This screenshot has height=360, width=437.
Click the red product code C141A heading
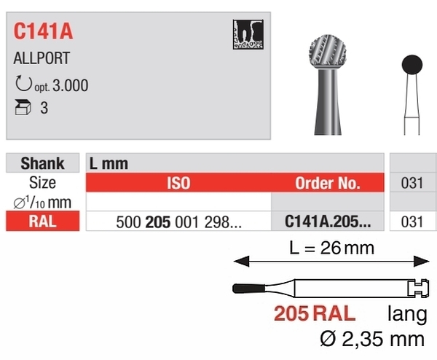coord(43,31)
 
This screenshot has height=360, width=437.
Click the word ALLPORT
coord(42,58)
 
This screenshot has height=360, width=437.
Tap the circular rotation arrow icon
coord(23,83)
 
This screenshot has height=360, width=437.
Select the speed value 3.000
coord(70,85)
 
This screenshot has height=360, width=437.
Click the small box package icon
coord(23,107)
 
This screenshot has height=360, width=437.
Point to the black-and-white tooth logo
coord(248,34)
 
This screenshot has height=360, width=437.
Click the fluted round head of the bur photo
coord(328,52)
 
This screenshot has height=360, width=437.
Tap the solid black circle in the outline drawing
coord(412,65)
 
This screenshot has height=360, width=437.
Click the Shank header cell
coord(43,163)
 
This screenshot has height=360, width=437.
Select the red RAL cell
coord(43,221)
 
